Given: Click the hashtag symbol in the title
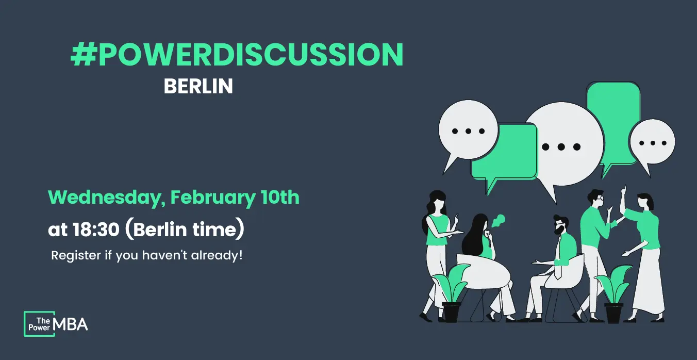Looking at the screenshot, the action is (x=83, y=55).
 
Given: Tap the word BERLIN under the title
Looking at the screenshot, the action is (x=198, y=86).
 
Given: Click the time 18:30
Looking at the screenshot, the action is (x=96, y=230).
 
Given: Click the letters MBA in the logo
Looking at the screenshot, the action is (x=70, y=324).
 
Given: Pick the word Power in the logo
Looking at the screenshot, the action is (x=39, y=328).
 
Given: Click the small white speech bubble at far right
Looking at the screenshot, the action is (x=652, y=142).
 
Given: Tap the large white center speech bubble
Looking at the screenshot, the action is (x=563, y=145).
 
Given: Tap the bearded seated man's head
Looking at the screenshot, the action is (x=561, y=225).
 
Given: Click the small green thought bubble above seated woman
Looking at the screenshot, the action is (x=499, y=220).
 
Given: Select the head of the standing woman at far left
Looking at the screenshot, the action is (x=438, y=199).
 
